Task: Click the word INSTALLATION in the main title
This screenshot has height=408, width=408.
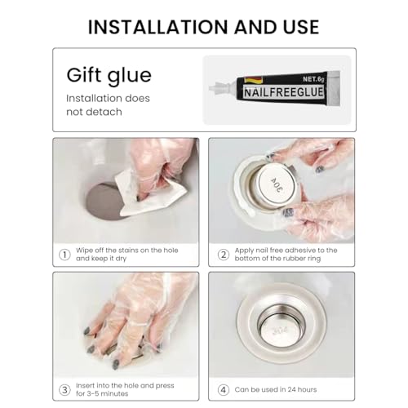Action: [158, 27]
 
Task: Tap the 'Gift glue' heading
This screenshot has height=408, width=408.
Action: [109, 76]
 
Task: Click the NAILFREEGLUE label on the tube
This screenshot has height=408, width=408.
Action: [284, 92]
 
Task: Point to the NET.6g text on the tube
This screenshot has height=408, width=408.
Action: [313, 79]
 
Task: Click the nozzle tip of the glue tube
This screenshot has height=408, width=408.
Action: [211, 88]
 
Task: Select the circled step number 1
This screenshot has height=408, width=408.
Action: [64, 255]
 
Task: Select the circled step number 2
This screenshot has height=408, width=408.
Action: [224, 255]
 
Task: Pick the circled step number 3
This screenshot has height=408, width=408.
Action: [64, 390]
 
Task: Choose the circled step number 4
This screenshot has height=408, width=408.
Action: [224, 390]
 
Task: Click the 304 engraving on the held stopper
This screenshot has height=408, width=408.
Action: [277, 185]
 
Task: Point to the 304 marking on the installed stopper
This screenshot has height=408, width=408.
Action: [280, 331]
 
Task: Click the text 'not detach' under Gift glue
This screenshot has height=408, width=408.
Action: [94, 112]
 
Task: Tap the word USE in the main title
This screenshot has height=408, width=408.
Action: [301, 27]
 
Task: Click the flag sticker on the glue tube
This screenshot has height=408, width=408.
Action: [253, 80]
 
